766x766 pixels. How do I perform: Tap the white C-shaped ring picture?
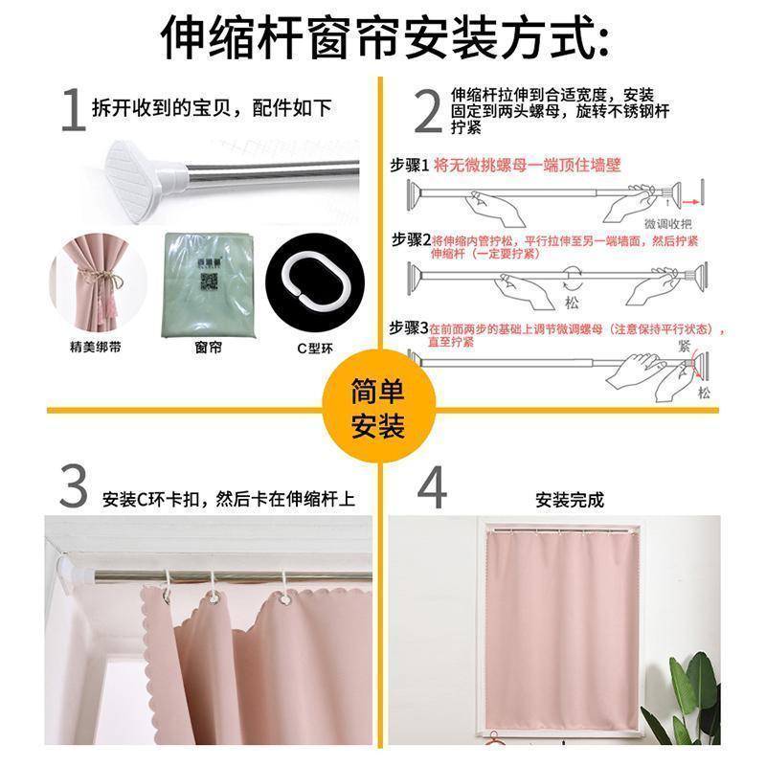click(x=305, y=285)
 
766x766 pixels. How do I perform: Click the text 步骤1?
click(x=410, y=165)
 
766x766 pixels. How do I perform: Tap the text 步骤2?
click(x=410, y=239)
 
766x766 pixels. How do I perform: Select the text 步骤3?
click(x=409, y=327)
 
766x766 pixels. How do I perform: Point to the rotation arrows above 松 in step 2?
click(x=573, y=283)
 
